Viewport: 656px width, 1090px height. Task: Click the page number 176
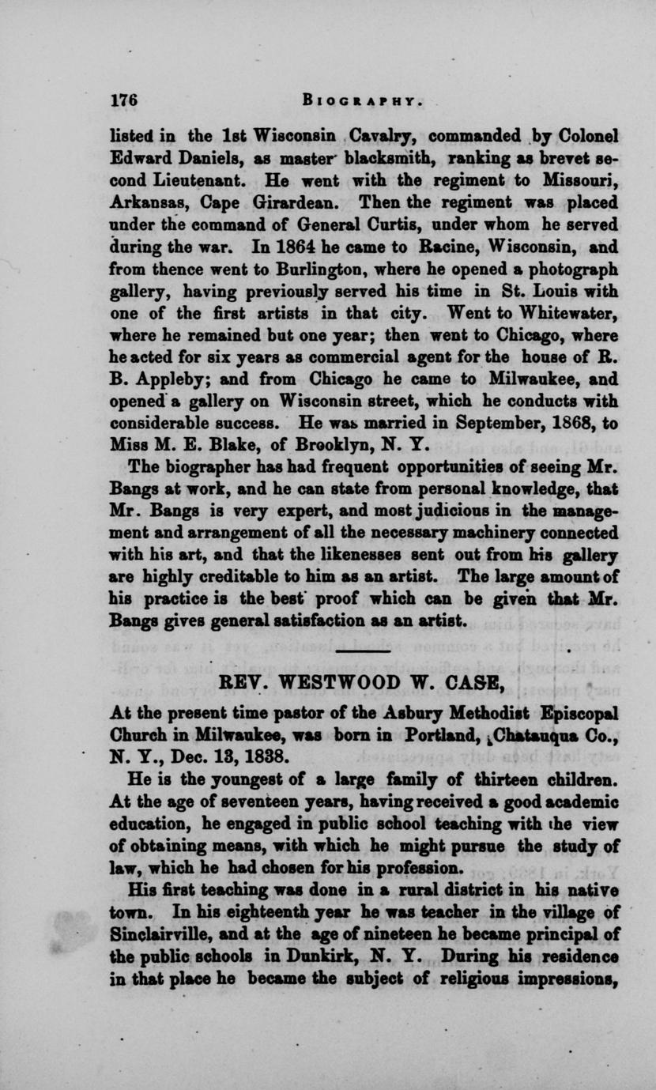coord(125,100)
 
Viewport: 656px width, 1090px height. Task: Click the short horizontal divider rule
coord(364,651)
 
